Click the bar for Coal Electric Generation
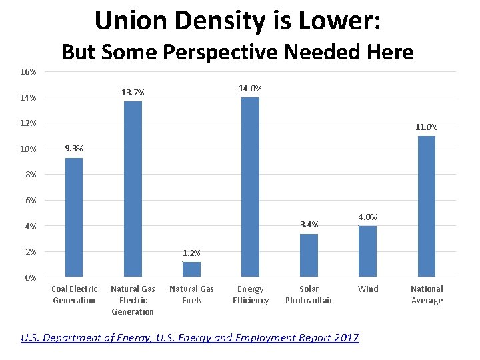pyautogui.click(x=73, y=217)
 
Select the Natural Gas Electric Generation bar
pyautogui.click(x=133, y=189)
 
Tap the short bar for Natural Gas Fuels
pyautogui.click(x=191, y=269)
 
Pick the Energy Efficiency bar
pyautogui.click(x=250, y=187)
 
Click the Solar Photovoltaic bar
pyautogui.click(x=309, y=255)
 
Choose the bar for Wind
pyautogui.click(x=367, y=251)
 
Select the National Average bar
pyautogui.click(x=426, y=207)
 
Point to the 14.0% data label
pyautogui.click(x=250, y=89)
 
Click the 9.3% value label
pyautogui.click(x=73, y=149)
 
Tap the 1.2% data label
pyautogui.click(x=191, y=253)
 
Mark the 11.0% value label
pyautogui.click(x=426, y=127)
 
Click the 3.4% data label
pyautogui.click(x=309, y=224)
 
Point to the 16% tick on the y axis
pyautogui.click(x=28, y=72)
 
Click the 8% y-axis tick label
pyautogui.click(x=31, y=175)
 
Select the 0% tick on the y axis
pyautogui.click(x=31, y=277)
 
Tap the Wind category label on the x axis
pyautogui.click(x=367, y=289)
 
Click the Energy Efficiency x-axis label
pyautogui.click(x=250, y=295)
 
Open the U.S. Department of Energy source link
pyautogui.click(x=190, y=338)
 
